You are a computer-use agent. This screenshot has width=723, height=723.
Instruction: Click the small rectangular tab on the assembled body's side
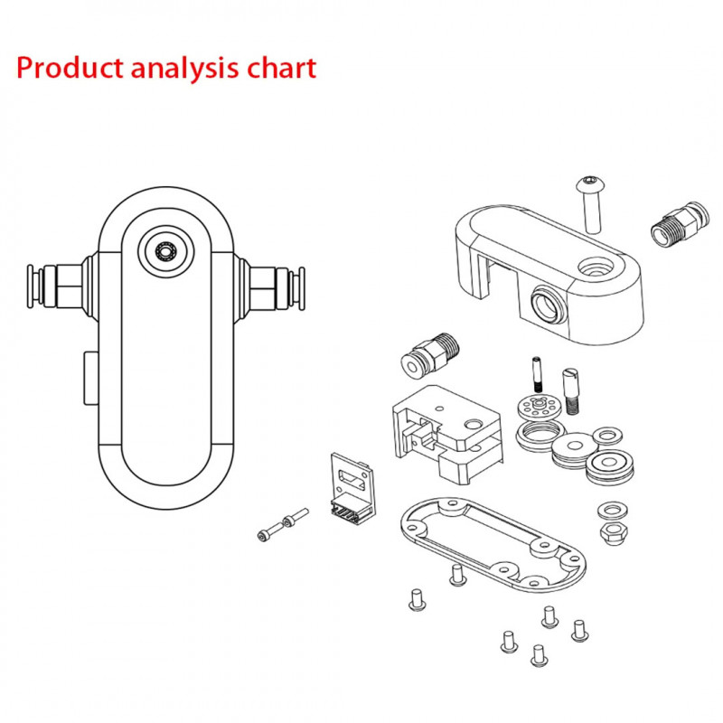point(89,380)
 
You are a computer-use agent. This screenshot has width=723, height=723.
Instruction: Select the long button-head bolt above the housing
point(591,202)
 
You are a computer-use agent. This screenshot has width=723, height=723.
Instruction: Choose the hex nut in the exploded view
point(614,531)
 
